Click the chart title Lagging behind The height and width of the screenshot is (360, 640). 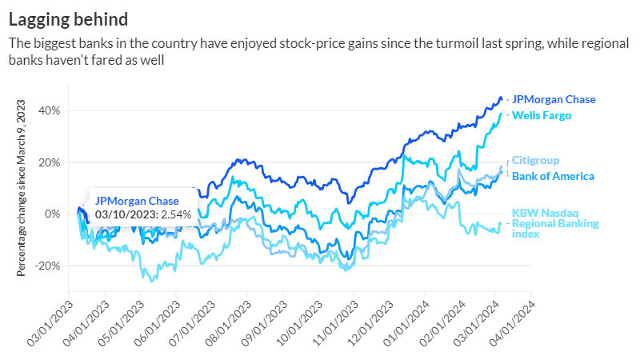click(x=67, y=17)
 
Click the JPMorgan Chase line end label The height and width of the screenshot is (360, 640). click(x=554, y=100)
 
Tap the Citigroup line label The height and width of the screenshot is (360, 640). click(x=535, y=161)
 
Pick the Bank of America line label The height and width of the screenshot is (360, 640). click(x=553, y=176)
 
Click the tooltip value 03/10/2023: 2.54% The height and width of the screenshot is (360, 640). click(x=135, y=215)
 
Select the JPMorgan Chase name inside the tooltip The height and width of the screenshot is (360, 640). click(x=137, y=202)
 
